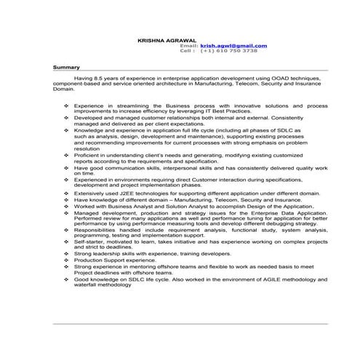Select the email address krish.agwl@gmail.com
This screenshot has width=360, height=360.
(233, 46)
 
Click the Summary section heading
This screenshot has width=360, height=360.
(66, 67)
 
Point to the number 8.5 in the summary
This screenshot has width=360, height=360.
(105, 76)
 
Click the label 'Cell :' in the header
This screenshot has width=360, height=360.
(188, 52)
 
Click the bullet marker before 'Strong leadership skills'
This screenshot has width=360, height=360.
(67, 252)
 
